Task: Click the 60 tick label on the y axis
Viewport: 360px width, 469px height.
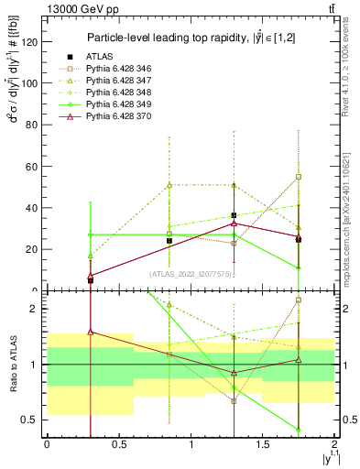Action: click(33, 166)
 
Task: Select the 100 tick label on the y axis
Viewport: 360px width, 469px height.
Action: click(30, 82)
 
